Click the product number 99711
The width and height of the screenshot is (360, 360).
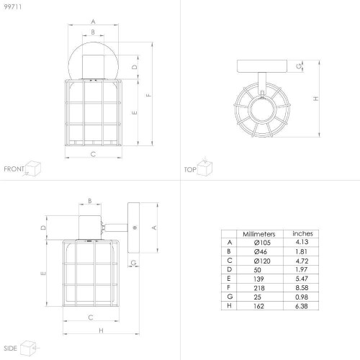coord(13,6)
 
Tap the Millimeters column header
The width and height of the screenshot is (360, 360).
coord(259,234)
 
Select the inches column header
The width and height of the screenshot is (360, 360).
coord(302,233)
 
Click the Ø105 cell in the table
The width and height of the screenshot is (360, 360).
coord(262,243)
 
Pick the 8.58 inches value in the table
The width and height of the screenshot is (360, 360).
coord(302,287)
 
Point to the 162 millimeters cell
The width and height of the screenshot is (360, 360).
coord(258,306)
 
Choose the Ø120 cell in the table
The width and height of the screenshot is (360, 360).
coord(262,261)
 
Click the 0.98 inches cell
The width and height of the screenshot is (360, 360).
coord(302,297)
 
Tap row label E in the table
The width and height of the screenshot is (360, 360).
coord(229,279)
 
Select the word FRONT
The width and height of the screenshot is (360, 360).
coord(14,169)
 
